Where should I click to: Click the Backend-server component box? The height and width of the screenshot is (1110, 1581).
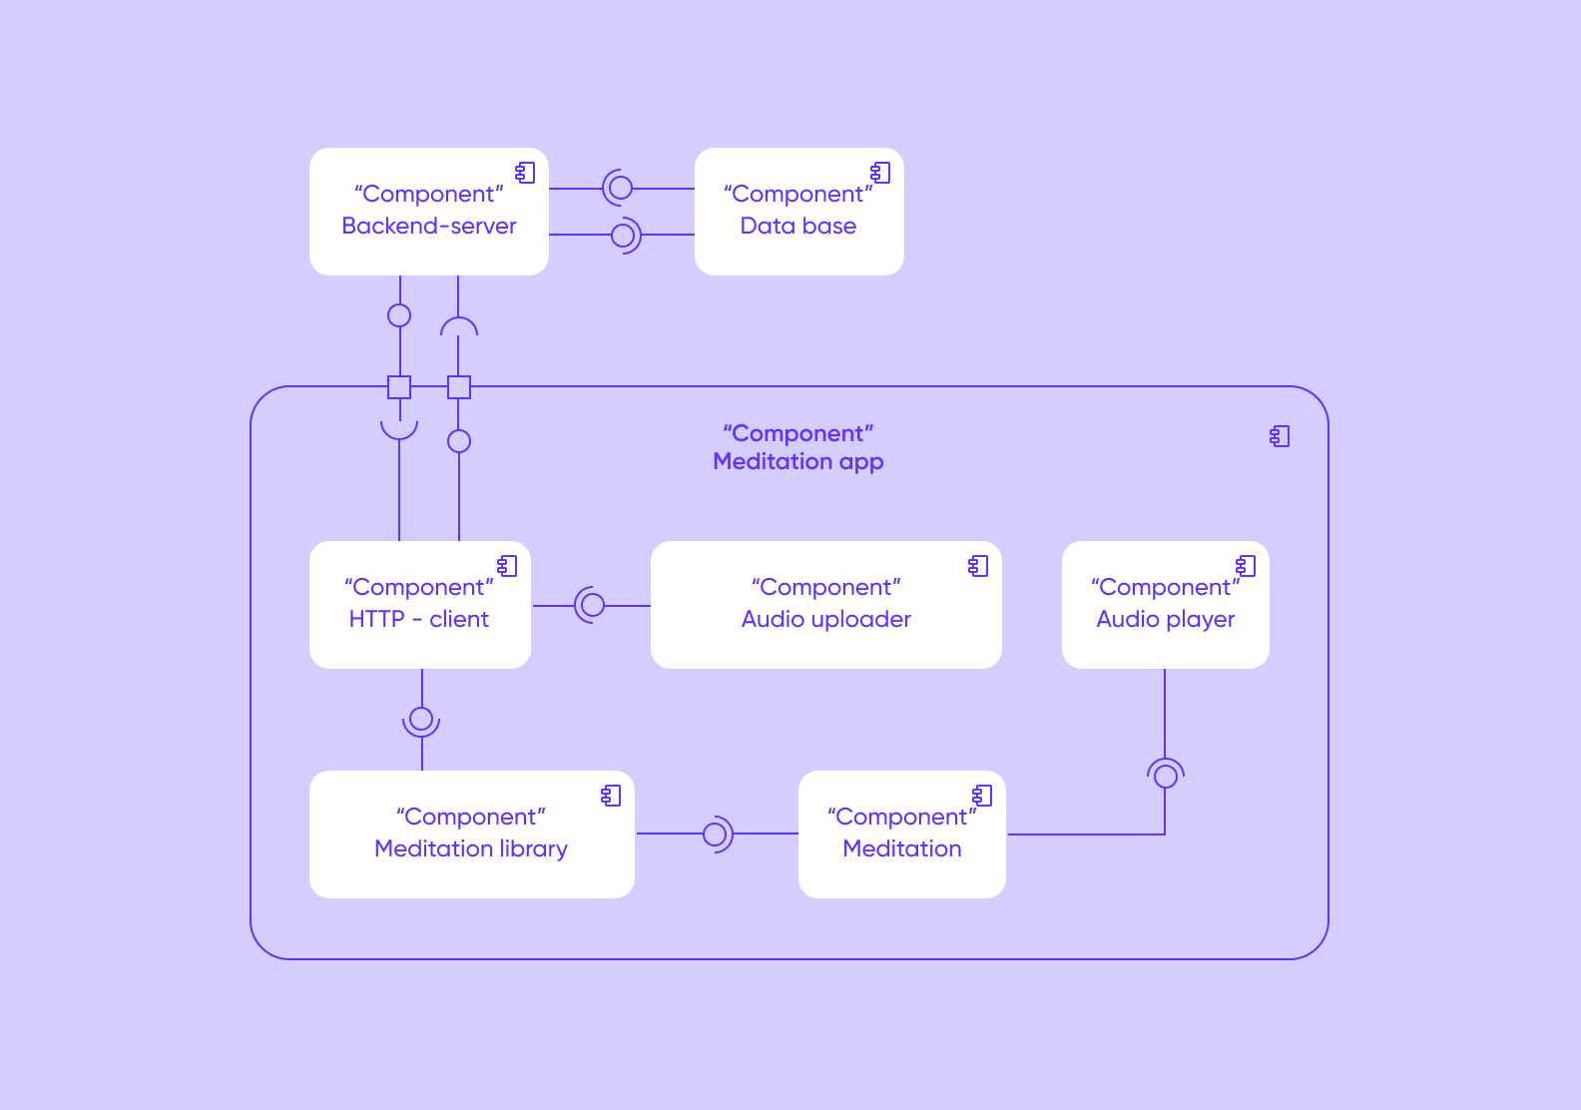coord(429,212)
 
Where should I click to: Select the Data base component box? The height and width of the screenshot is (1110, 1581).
coord(798,212)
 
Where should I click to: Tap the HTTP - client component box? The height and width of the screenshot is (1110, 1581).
coord(420,605)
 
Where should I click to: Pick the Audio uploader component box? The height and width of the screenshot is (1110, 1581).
coord(825,605)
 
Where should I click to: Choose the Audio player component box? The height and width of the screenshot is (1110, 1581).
coord(1165,605)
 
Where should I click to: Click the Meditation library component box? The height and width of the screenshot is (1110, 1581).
coord(471,834)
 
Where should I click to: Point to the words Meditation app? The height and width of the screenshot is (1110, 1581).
coord(798,461)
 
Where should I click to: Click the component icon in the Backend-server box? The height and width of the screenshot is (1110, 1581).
coord(525,173)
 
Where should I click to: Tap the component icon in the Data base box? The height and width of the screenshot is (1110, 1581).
coord(880,173)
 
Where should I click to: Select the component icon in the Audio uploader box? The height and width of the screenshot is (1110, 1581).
coord(978,566)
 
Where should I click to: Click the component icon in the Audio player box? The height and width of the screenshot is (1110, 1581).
coord(1246,566)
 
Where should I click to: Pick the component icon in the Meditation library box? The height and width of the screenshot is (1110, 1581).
coord(611,796)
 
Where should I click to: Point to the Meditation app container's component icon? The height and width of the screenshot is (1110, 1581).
coord(1280,436)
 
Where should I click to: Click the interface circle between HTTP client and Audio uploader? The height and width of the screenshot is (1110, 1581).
coord(593,605)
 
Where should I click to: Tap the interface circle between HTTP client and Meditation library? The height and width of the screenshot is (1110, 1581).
coord(421,719)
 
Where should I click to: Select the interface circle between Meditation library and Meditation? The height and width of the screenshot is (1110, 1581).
coord(715,834)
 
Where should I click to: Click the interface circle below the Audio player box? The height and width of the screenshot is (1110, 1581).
coord(1165,777)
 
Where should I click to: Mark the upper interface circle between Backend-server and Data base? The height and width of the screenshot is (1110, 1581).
coord(621,188)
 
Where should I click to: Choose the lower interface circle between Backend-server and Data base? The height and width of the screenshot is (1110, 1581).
coord(623,235)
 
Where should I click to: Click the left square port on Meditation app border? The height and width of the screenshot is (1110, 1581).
coord(399,387)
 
